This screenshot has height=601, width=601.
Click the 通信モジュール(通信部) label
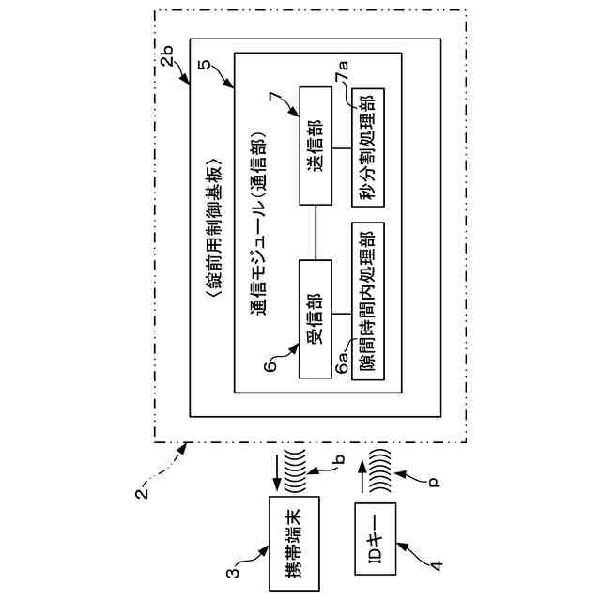click(259, 224)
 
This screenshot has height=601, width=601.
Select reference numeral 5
click(205, 64)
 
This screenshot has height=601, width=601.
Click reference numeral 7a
click(342, 71)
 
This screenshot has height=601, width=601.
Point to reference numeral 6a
click(342, 362)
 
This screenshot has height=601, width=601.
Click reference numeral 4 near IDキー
click(436, 565)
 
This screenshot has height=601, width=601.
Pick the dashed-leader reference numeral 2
click(142, 492)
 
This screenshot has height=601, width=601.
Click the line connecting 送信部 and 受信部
click(316, 233)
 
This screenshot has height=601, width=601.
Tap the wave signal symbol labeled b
click(294, 470)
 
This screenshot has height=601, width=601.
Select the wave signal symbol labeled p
click(379, 470)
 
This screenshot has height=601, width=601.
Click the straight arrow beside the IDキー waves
click(361, 476)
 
